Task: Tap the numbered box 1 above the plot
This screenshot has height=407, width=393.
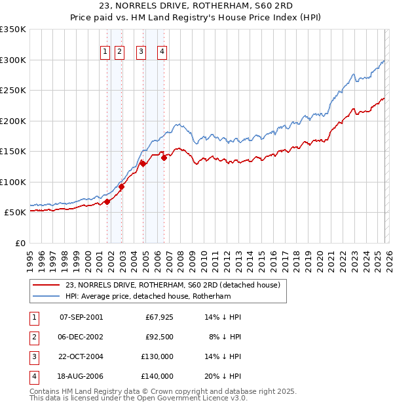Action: pyautogui.click(x=105, y=53)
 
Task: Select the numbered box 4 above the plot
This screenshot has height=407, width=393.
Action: pyautogui.click(x=162, y=53)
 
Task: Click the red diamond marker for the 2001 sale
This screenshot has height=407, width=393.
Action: pyautogui.click(x=107, y=202)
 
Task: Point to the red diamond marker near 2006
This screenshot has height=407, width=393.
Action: pyautogui.click(x=164, y=158)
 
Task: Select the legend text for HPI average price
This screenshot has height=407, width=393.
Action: pyautogui.click(x=149, y=297)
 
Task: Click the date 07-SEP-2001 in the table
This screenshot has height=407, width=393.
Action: pyautogui.click(x=81, y=317)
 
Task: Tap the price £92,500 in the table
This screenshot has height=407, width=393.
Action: pyautogui.click(x=159, y=337)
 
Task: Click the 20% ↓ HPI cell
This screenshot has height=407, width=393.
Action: pyautogui.click(x=223, y=376)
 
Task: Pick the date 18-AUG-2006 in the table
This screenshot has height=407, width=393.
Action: pyautogui.click(x=81, y=376)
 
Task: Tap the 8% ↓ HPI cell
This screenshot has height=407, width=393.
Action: pyautogui.click(x=225, y=337)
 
